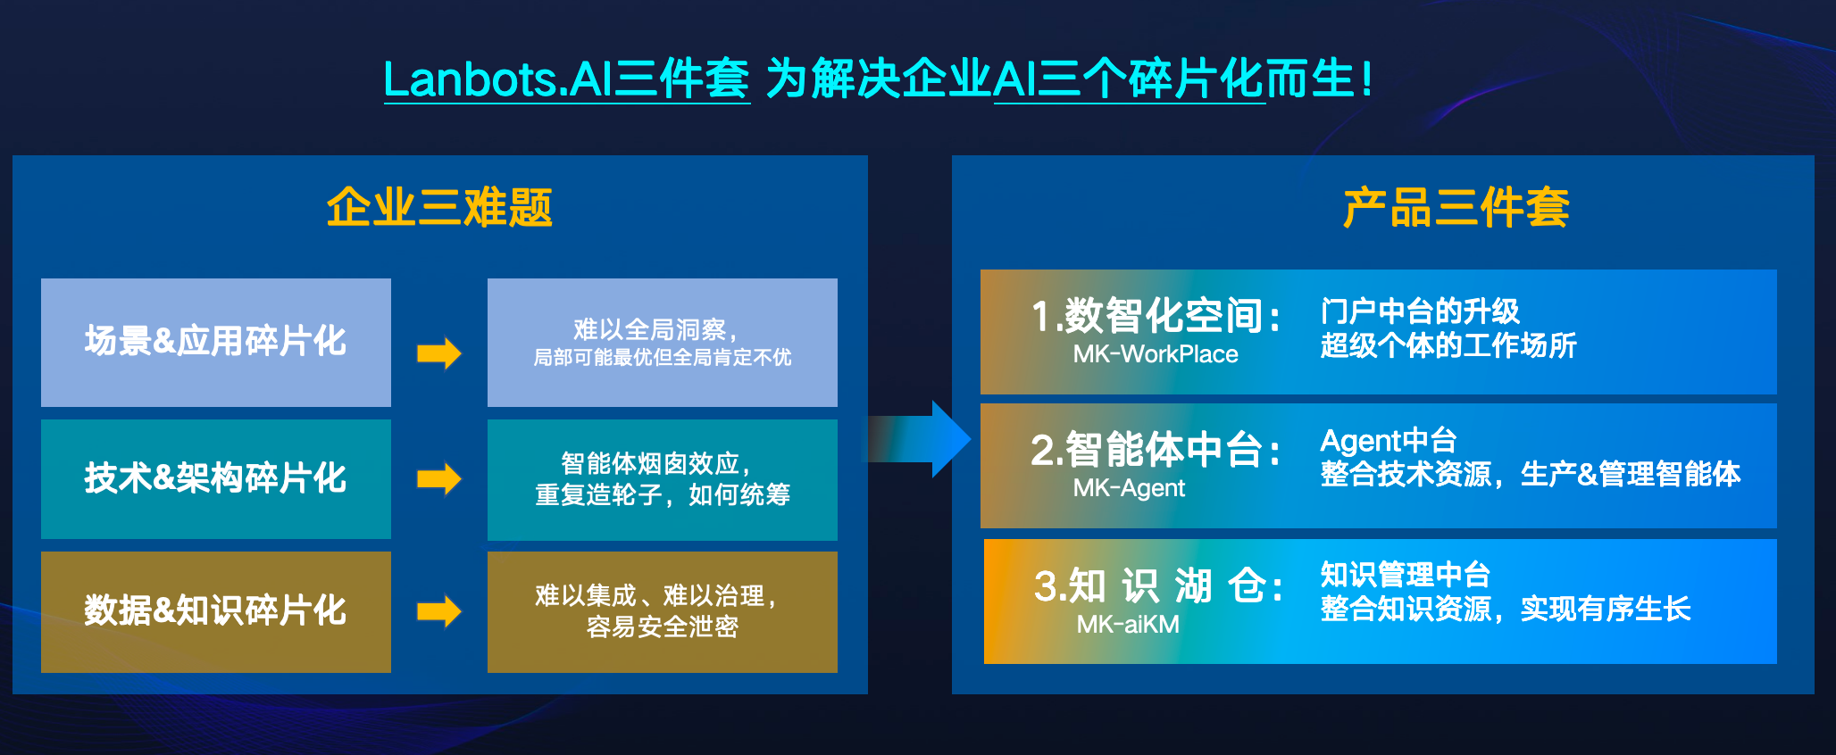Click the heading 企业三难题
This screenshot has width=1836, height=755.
439,208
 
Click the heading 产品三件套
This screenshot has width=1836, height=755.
1456,208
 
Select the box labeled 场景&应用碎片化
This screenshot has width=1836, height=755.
215,342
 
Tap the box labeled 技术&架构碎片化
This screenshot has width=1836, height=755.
215,478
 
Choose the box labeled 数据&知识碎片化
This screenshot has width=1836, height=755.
215,610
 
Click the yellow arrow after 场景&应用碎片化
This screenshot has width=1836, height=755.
438,353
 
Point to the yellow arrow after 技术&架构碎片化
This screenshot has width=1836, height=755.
438,478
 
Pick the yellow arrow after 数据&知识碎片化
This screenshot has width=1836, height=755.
438,611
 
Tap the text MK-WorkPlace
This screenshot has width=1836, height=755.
1155,354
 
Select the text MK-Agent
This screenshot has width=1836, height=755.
1129,488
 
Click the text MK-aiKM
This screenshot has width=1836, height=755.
1128,624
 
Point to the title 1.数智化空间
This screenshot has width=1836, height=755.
1156,316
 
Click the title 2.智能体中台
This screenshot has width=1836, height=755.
1156,449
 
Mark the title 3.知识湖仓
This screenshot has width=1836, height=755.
1158,586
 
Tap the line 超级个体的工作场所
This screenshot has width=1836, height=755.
1448,345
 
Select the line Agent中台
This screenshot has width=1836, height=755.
1388,441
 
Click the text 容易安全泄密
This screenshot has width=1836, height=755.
662,626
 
